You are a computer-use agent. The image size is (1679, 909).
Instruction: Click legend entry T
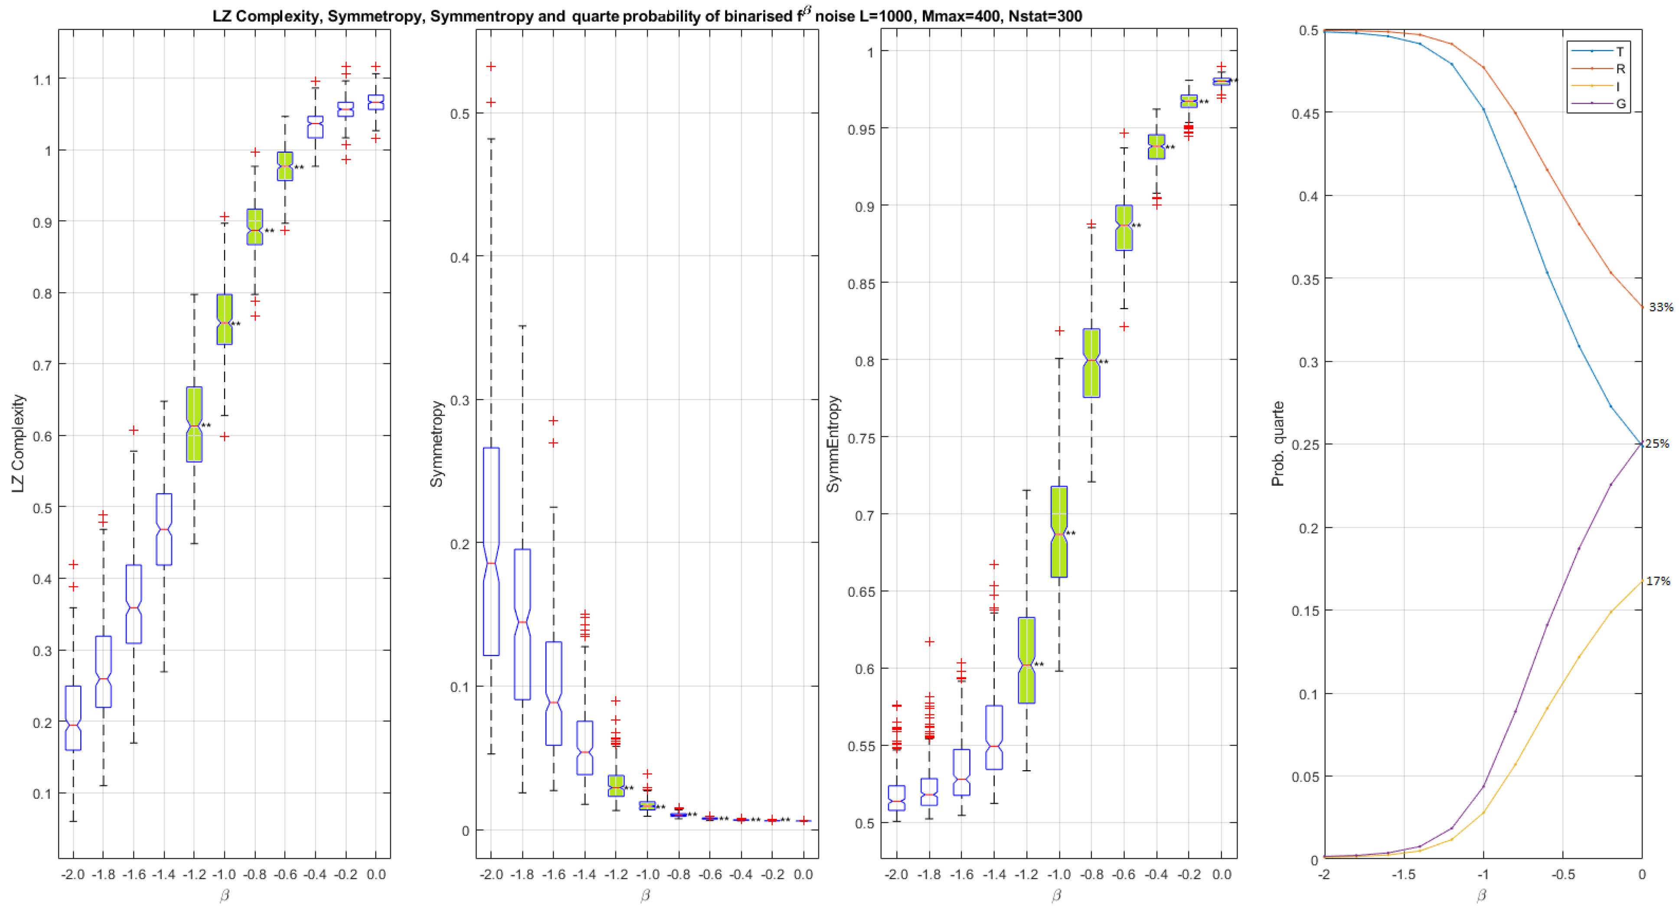tap(1619, 51)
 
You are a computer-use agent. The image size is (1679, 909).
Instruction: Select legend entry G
tap(1620, 104)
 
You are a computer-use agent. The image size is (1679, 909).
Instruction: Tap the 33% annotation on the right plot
tap(1660, 307)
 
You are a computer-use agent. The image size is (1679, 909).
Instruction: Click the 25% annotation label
tap(1657, 443)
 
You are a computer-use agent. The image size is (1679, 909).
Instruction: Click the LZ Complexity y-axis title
tap(18, 443)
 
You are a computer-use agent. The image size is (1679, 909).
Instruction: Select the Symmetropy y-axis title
tap(436, 443)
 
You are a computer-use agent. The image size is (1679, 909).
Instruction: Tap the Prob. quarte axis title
tap(1277, 443)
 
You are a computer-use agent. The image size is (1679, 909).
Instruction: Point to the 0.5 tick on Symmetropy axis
tap(460, 114)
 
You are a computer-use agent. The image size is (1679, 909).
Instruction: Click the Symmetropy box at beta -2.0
tap(491, 551)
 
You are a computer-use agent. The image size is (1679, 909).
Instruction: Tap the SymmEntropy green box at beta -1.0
tap(1059, 531)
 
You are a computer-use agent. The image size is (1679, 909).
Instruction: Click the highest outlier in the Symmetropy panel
tap(491, 66)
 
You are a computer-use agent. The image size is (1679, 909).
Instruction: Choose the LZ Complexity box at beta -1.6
tap(134, 603)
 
